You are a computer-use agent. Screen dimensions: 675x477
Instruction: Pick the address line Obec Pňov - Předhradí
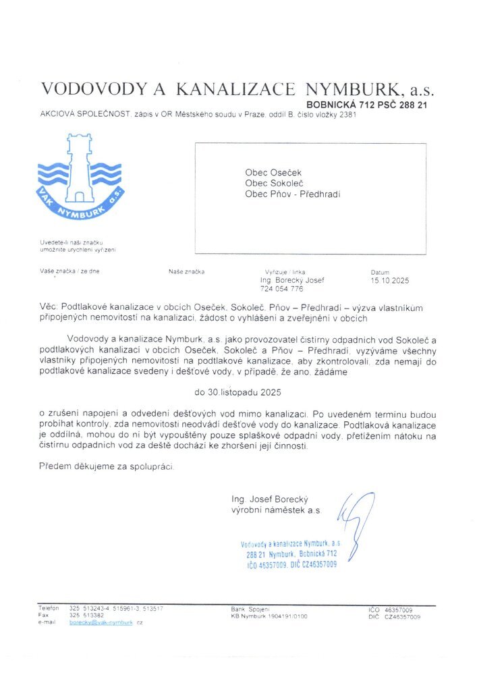click(293, 194)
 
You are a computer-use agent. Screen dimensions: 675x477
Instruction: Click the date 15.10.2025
click(389, 280)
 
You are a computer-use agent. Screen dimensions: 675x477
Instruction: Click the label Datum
click(381, 272)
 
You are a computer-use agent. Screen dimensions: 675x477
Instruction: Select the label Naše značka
click(186, 272)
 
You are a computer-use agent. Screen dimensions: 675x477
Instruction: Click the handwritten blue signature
click(356, 516)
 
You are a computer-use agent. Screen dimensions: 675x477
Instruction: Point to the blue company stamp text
click(291, 553)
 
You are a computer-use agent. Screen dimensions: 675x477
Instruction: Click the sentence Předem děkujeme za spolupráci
click(107, 466)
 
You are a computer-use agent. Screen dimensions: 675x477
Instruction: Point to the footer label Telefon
click(49, 608)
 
